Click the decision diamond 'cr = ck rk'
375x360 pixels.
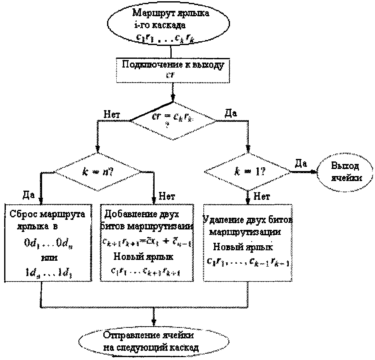tap(173, 120)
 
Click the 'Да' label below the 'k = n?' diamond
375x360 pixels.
tap(29, 195)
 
